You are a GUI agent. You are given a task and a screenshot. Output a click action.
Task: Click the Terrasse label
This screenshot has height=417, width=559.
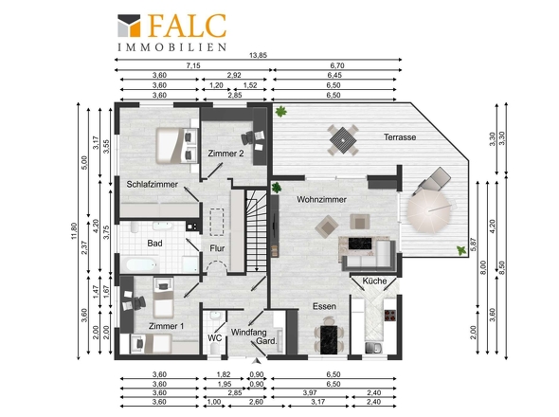point(400,137)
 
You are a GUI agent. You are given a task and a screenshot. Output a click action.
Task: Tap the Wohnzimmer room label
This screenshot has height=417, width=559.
point(321,199)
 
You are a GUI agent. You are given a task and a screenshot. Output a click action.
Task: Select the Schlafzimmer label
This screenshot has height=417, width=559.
point(153,185)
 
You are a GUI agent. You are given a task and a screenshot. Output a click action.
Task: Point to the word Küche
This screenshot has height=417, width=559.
point(374,281)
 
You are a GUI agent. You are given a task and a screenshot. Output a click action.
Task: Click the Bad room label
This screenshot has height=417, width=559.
point(154,244)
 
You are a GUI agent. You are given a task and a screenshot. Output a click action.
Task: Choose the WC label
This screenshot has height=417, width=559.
point(215,337)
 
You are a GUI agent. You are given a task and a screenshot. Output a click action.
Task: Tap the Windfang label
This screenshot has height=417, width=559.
point(249,332)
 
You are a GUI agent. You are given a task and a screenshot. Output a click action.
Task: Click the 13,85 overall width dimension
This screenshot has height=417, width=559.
point(258,55)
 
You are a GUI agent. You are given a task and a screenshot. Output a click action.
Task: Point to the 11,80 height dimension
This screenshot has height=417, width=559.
point(74,231)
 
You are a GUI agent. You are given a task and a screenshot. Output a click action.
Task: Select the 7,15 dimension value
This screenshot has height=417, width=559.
point(193,65)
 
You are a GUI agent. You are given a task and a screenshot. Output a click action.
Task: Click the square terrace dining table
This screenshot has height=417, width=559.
point(343,140)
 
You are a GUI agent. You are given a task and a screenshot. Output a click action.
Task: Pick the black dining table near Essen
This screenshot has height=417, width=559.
point(329,339)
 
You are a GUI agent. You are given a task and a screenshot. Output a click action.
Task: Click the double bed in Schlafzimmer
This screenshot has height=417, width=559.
point(173,146)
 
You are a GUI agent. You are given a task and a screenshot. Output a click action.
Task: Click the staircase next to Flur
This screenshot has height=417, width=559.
point(257,230)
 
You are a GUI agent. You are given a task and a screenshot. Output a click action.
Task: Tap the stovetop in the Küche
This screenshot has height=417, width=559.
point(390,316)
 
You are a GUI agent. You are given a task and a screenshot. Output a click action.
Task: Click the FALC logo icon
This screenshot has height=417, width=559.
point(129,26)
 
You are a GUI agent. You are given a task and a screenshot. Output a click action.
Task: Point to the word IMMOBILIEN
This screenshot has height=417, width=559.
point(172,47)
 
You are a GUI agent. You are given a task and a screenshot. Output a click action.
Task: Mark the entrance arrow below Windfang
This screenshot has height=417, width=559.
point(256,361)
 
